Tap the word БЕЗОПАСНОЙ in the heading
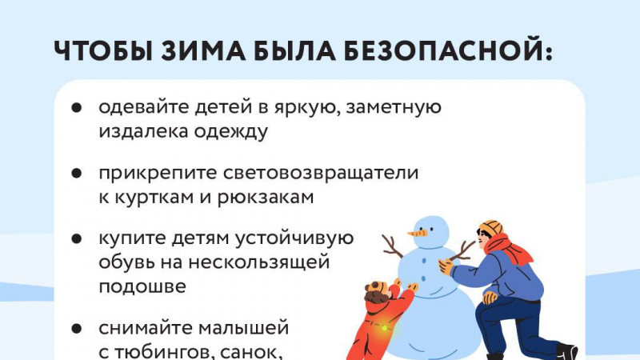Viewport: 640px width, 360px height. click(x=447, y=51)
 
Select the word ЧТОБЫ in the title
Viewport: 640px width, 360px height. click(x=103, y=51)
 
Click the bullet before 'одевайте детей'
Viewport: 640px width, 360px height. click(x=77, y=107)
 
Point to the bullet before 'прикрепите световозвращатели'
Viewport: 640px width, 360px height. click(x=77, y=173)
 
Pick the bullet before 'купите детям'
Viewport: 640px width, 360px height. click(x=77, y=238)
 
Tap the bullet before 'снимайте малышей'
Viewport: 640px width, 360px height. click(x=77, y=328)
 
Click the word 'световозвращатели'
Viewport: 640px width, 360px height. click(x=321, y=173)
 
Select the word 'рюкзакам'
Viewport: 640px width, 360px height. click(x=266, y=198)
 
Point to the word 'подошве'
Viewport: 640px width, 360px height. click(x=142, y=286)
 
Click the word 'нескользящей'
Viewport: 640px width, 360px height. click(x=259, y=262)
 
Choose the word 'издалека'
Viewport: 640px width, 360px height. click(x=143, y=132)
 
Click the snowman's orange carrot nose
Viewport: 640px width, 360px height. click(x=418, y=234)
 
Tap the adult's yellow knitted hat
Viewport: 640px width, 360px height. click(x=491, y=228)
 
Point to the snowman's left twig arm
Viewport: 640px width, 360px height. click(x=392, y=247)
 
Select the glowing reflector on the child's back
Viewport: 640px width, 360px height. click(x=384, y=327)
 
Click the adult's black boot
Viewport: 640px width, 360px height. click(x=567, y=351)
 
